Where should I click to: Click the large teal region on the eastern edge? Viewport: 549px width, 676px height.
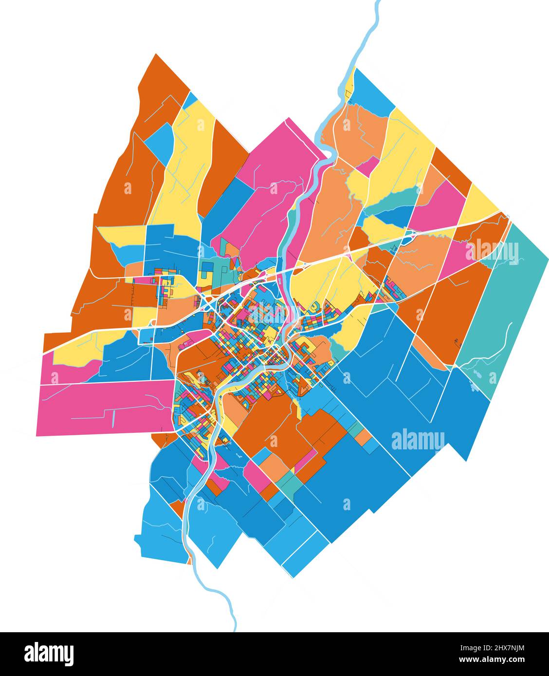506,302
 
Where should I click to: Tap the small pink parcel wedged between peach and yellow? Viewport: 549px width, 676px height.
367,166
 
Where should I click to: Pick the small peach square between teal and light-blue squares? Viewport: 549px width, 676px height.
363,437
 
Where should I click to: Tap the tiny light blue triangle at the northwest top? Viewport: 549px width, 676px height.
191,99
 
